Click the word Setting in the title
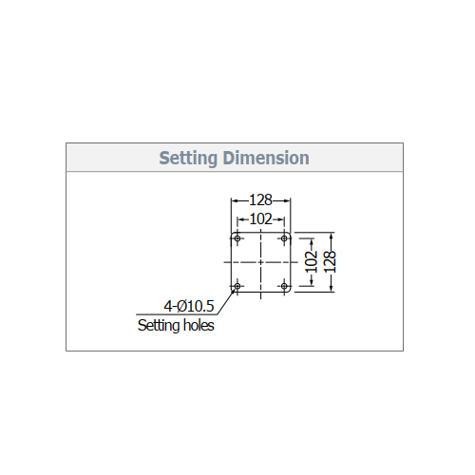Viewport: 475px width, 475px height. (x=188, y=159)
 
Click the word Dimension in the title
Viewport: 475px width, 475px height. (x=266, y=158)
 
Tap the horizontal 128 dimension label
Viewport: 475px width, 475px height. (x=260, y=200)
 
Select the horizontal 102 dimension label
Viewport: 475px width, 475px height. (x=260, y=219)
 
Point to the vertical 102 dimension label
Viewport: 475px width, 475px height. (x=312, y=262)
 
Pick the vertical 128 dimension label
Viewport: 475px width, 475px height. (x=330, y=262)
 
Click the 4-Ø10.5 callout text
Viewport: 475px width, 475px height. (x=189, y=306)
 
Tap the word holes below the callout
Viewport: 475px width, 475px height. (x=199, y=325)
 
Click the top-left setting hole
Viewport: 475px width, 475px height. (x=237, y=238)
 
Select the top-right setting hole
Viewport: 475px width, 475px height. (x=284, y=238)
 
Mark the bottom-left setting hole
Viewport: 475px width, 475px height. (x=237, y=286)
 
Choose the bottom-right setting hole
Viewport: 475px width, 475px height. (x=284, y=286)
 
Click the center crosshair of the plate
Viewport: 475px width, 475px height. (x=260, y=262)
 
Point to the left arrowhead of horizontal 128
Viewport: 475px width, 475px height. (x=234, y=200)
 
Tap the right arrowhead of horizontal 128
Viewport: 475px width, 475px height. (x=288, y=200)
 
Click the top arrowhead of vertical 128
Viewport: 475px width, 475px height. (x=331, y=236)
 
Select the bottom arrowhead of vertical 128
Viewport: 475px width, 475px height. (x=331, y=289)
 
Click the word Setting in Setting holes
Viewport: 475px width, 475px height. (x=159, y=326)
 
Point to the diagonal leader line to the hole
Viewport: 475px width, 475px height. (x=226, y=301)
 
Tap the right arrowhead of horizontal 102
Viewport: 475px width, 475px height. (x=281, y=219)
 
